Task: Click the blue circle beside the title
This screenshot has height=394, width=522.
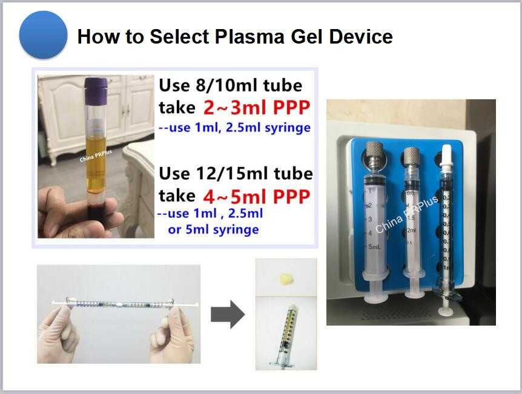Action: pyautogui.click(x=43, y=34)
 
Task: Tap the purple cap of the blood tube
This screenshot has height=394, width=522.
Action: pyautogui.click(x=96, y=85)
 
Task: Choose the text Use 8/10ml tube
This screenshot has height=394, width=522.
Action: pyautogui.click(x=230, y=85)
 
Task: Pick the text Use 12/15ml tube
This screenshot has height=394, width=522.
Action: pyautogui.click(x=236, y=174)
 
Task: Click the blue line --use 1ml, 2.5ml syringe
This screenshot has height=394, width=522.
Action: pyautogui.click(x=234, y=128)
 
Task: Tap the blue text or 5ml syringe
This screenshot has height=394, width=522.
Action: pyautogui.click(x=213, y=230)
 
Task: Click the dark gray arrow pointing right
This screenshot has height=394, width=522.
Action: pyautogui.click(x=227, y=315)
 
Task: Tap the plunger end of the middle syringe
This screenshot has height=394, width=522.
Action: pyautogui.click(x=415, y=294)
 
